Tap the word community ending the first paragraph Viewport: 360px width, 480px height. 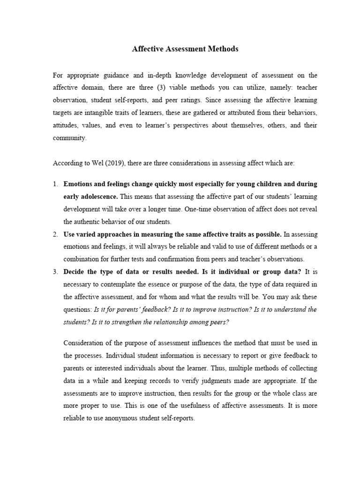click(68, 138)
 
